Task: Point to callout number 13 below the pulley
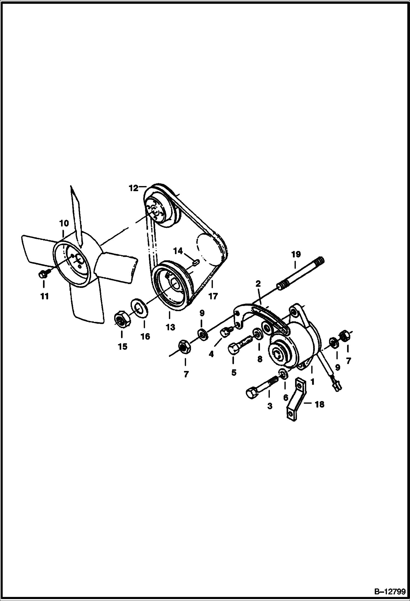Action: coord(170,327)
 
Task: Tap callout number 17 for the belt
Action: coord(213,296)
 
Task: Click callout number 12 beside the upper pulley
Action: coord(134,189)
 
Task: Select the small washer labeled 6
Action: coord(284,374)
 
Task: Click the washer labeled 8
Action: coord(258,334)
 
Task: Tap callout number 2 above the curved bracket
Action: coord(258,284)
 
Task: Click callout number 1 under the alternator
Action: coord(312,381)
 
